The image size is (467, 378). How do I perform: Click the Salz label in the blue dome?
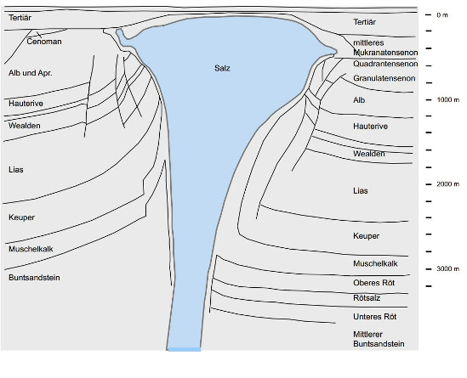point(222,69)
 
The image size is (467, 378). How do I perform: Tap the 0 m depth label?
point(442,15)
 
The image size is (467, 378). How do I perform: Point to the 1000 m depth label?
point(448,99)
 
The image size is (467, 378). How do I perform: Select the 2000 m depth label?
point(448,184)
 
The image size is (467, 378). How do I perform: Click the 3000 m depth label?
point(448,268)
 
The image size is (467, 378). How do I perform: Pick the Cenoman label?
point(44,42)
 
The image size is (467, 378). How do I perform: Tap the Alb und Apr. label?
point(31,73)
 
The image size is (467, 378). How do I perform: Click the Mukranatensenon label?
point(385,53)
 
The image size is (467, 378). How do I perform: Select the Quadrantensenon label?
point(385,64)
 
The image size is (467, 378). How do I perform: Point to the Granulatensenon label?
point(384,78)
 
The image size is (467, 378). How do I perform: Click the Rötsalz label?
point(367,297)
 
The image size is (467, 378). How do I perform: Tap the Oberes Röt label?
point(373,283)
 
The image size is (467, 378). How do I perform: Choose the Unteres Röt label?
point(374,317)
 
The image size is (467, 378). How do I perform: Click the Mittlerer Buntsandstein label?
point(379,339)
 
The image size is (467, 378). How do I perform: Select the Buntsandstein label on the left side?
point(34,278)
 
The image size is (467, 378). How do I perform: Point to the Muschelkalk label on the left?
point(31,249)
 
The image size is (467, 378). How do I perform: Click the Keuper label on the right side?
point(366,236)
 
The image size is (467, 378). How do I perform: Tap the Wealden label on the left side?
point(25,126)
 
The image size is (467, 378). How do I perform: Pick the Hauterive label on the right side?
point(371,127)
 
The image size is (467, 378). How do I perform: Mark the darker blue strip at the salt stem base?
point(185,349)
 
